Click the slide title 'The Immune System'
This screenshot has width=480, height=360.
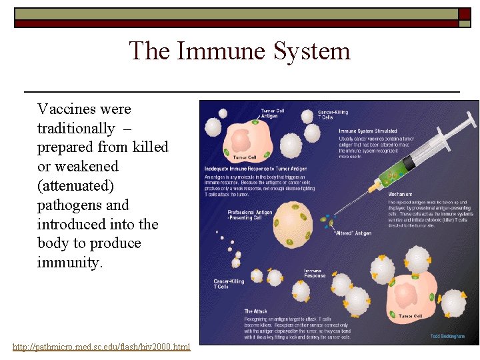pyautogui.click(x=239, y=51)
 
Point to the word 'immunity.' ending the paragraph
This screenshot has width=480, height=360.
pyautogui.click(x=71, y=262)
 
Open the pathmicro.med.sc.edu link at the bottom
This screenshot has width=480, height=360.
pyautogui.click(x=101, y=347)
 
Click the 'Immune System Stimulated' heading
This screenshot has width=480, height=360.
pyautogui.click(x=368, y=131)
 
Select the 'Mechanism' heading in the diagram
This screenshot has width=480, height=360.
pyautogui.click(x=401, y=195)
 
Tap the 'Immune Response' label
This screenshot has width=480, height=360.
pyautogui.click(x=315, y=273)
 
